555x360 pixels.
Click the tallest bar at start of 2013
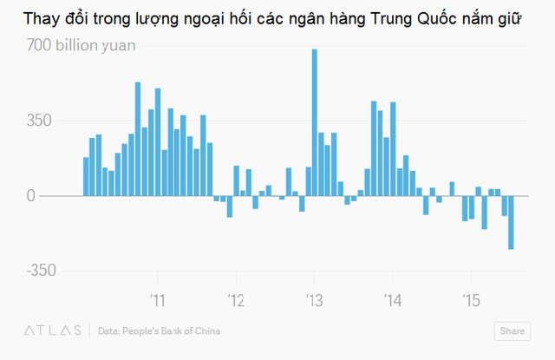(314, 121)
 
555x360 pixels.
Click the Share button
(512, 331)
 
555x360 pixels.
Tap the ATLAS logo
(53, 331)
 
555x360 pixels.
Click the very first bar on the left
(86, 176)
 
